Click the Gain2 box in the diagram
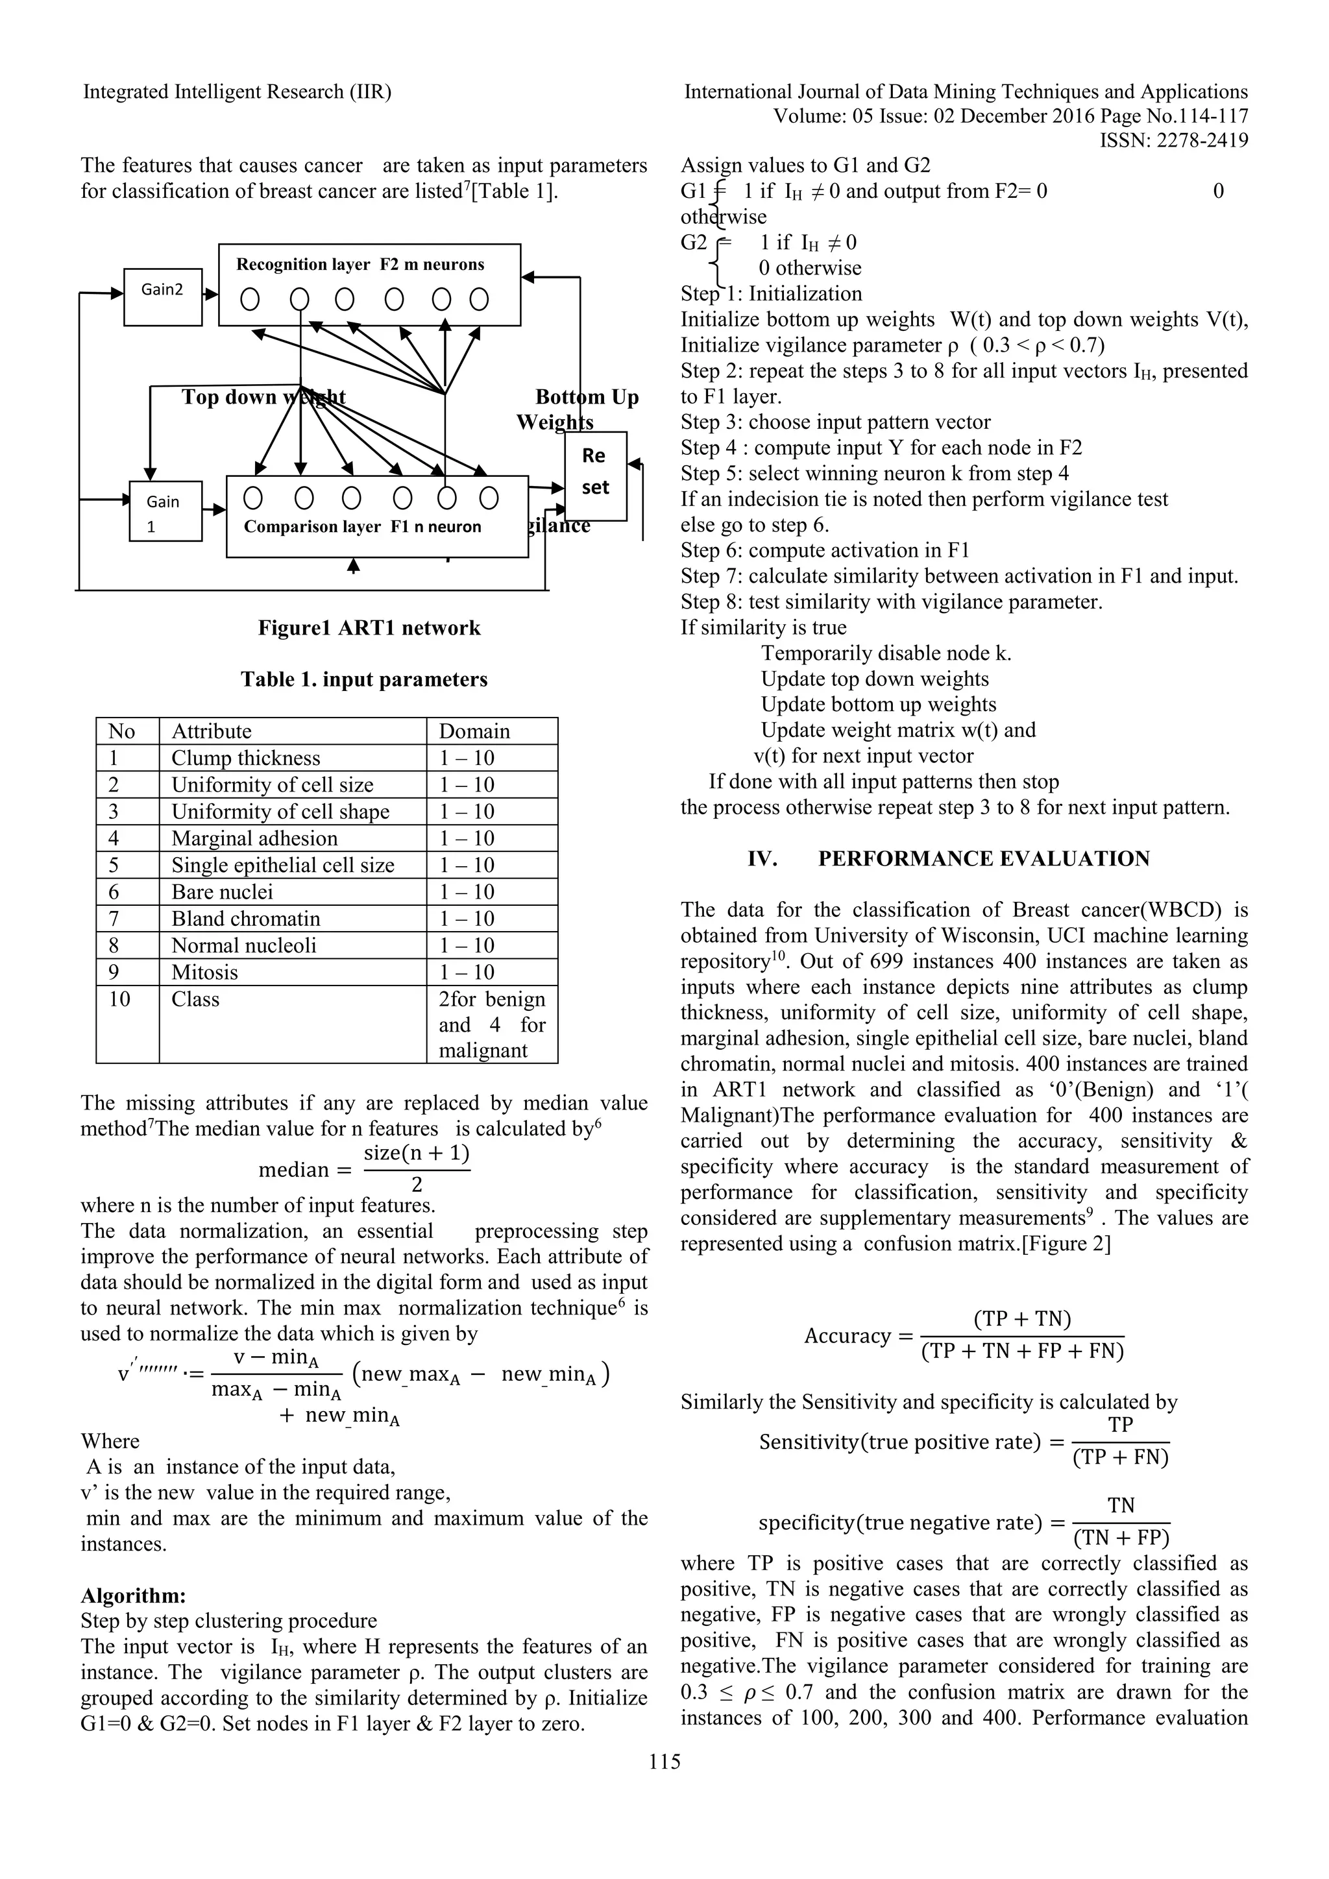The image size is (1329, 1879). click(x=163, y=297)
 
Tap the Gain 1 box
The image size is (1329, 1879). click(x=165, y=511)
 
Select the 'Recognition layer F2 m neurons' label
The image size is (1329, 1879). click(x=360, y=264)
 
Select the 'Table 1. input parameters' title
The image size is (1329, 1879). click(x=364, y=679)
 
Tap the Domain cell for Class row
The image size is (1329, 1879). click(x=491, y=1024)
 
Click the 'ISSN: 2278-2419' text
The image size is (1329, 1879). click(x=1173, y=141)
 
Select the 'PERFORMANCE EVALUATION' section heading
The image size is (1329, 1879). click(x=984, y=858)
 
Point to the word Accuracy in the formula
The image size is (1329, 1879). click(x=846, y=1335)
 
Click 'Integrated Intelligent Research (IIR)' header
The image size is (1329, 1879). click(x=238, y=91)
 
